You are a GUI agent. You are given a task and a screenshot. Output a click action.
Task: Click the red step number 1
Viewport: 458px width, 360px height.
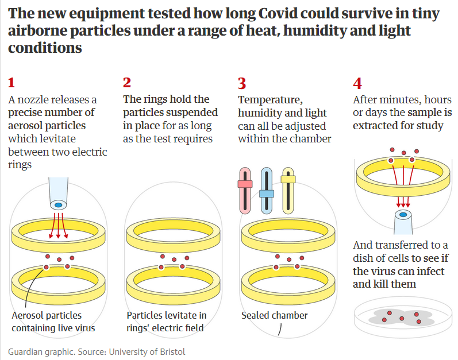point(12,83)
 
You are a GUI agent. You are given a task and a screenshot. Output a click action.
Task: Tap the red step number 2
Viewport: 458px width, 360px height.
point(127,83)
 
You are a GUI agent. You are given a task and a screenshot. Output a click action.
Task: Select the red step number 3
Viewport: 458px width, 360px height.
point(242,83)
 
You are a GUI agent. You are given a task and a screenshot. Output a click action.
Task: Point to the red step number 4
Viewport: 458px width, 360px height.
point(357,83)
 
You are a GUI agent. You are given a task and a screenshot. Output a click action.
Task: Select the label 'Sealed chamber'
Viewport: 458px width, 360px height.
point(274,315)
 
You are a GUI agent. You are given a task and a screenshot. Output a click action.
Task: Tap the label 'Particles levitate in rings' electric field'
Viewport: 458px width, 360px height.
point(166,322)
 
